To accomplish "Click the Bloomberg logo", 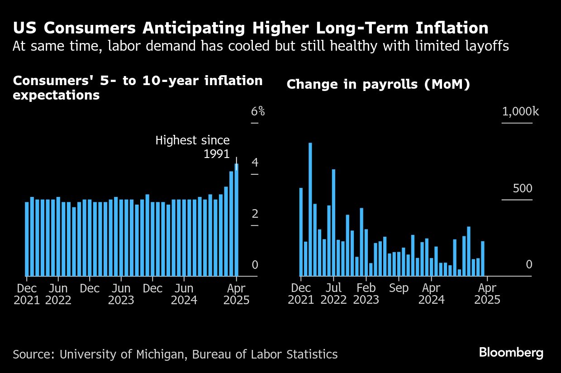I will coord(511,353).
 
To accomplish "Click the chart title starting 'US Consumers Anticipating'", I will coord(251,28).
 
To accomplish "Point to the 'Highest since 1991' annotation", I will coord(192,147).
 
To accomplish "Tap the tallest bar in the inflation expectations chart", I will coord(236,220).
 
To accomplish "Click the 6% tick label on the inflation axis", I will coord(258,111).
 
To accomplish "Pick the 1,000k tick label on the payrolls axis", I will coord(520,111).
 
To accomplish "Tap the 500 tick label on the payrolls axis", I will coord(523,188).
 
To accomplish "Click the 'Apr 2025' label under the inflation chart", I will coord(236,294).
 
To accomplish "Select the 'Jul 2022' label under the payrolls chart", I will coord(333,294).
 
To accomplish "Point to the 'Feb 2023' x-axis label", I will coord(366,294).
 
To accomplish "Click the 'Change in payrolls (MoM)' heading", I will coord(378,84).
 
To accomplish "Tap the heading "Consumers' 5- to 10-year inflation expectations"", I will coord(138,88).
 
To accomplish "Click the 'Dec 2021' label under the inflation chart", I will coord(27,294).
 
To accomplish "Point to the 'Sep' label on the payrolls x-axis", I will coord(399,288).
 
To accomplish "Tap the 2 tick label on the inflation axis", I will coord(255,214).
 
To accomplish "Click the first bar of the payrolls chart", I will coord(301,232).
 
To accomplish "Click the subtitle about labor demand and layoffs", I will coord(261,46).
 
